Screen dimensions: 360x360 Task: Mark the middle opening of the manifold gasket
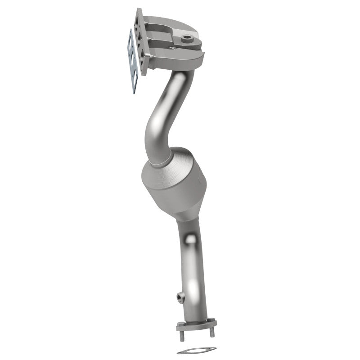pos(132,61)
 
